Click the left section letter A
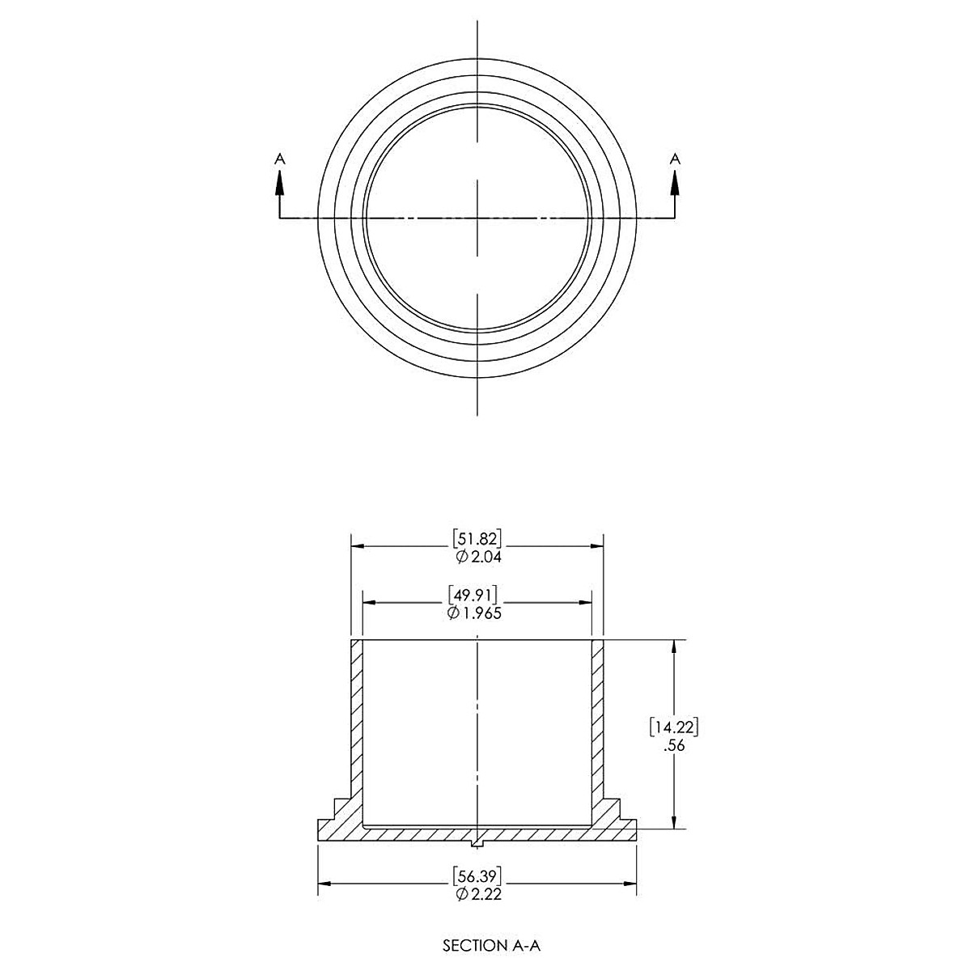(x=280, y=159)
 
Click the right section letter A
(x=675, y=159)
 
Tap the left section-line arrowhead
(x=280, y=184)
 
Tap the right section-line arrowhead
(x=675, y=184)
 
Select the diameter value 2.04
(x=484, y=557)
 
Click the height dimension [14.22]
(x=673, y=727)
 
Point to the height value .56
(x=673, y=746)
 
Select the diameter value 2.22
(x=484, y=893)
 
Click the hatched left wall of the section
(x=357, y=720)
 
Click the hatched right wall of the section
(x=598, y=720)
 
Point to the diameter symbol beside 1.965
(x=453, y=613)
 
